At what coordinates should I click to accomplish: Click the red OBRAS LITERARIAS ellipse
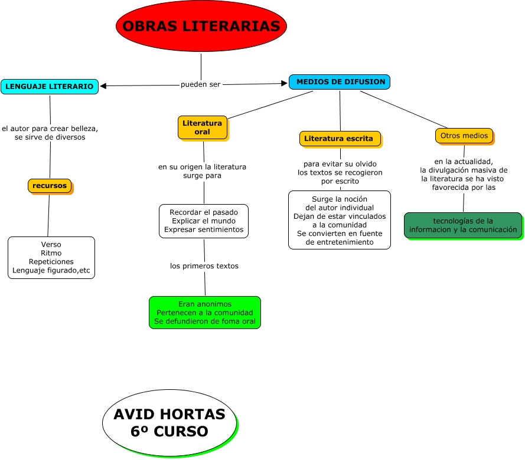[201, 27]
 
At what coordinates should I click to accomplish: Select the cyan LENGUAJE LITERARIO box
[49, 87]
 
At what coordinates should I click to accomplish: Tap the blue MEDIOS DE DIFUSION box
[340, 82]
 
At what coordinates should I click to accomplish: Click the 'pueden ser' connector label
[200, 84]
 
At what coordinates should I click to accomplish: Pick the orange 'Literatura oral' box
[202, 127]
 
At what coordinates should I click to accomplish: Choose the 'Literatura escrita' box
[339, 139]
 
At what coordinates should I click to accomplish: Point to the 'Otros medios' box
[464, 136]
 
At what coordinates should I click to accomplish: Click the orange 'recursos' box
[50, 186]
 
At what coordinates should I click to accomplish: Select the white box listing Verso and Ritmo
[51, 258]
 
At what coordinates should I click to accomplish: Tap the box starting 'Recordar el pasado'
[204, 221]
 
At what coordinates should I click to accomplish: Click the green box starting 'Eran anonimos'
[204, 313]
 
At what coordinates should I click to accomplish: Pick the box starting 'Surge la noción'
[340, 220]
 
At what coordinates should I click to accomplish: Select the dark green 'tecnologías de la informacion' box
[463, 225]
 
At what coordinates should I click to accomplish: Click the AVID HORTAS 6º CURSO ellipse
[169, 423]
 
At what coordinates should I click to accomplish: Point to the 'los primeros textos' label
[204, 266]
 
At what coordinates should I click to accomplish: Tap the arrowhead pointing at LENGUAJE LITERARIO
[103, 86]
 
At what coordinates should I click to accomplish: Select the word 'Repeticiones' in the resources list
[51, 261]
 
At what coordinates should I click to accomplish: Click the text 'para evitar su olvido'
[340, 164]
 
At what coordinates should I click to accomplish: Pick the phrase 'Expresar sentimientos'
[204, 229]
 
